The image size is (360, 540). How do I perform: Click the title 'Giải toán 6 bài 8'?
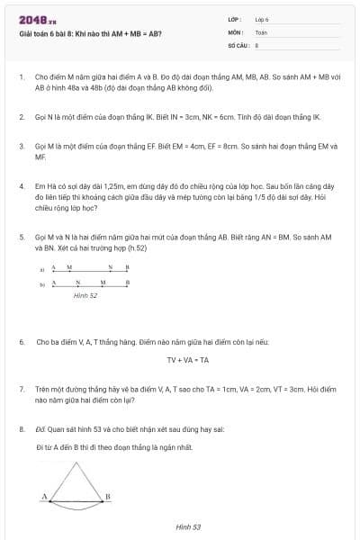click(x=90, y=34)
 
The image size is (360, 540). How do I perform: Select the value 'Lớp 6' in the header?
click(x=262, y=18)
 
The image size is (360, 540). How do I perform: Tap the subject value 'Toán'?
click(x=261, y=31)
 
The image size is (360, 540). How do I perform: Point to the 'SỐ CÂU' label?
click(x=238, y=43)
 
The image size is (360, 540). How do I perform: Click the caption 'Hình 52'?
click(x=85, y=294)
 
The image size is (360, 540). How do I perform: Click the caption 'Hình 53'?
click(x=188, y=526)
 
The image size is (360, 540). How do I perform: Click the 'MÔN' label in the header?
click(x=236, y=31)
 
